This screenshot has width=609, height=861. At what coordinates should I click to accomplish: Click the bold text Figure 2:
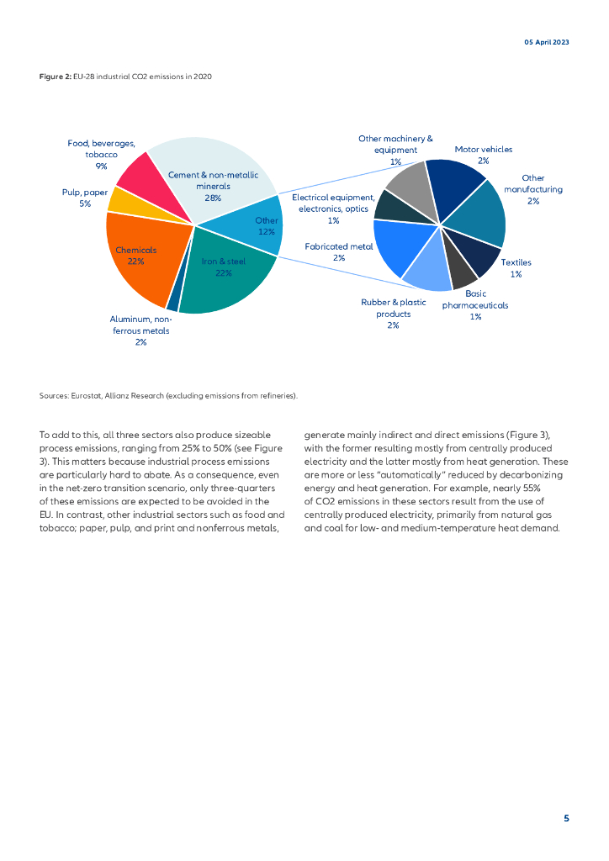click(55, 77)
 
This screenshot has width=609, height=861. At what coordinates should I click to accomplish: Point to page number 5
click(566, 818)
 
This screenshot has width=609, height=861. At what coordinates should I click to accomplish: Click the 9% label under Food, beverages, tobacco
click(101, 166)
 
